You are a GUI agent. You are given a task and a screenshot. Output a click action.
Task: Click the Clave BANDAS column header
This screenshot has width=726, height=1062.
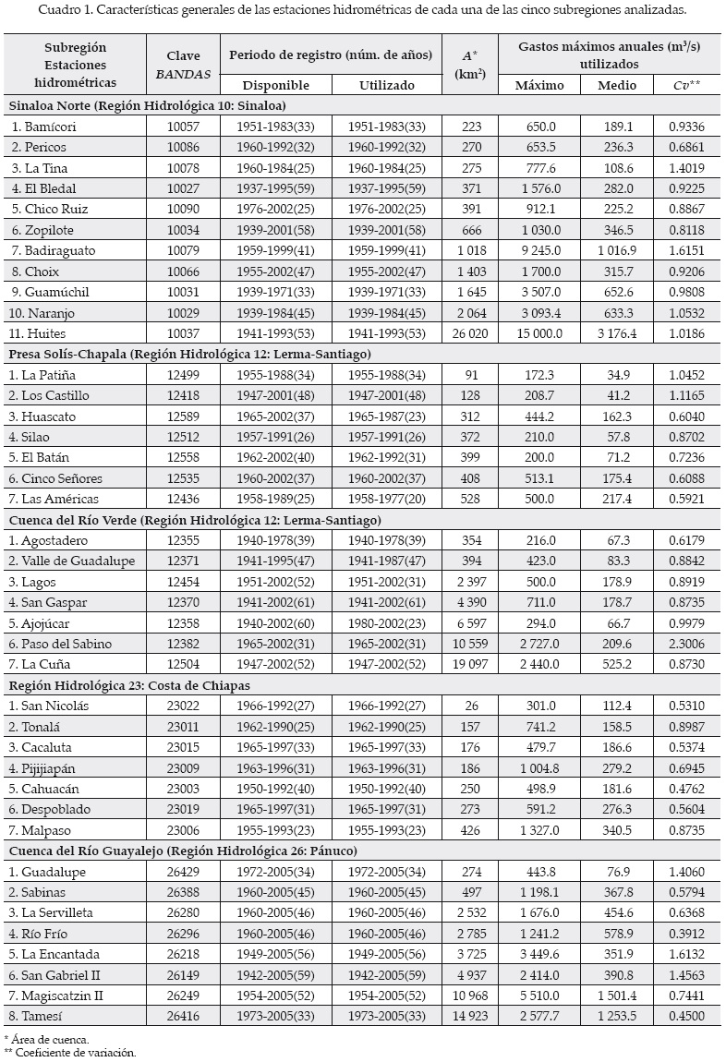[183, 65]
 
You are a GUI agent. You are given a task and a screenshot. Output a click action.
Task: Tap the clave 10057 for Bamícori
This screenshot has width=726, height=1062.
[183, 126]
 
